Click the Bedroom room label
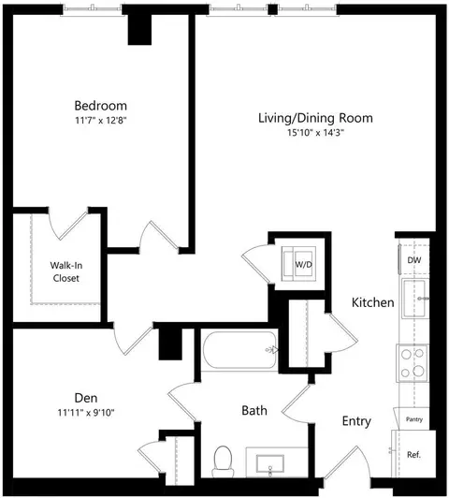click(101, 106)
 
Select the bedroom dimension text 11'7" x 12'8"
click(101, 121)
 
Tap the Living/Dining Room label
click(315, 118)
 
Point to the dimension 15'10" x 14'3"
click(316, 132)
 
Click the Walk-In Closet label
click(66, 271)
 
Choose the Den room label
click(86, 398)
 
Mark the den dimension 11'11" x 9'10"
click(86, 413)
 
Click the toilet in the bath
click(223, 461)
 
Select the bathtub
click(240, 350)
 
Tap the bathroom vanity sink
click(270, 464)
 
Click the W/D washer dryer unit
click(298, 264)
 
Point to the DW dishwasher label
click(414, 260)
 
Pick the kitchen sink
click(415, 299)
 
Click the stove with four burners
click(413, 362)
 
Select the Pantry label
click(414, 419)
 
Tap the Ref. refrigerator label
click(413, 455)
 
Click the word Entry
click(356, 421)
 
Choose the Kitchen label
click(373, 302)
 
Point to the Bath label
click(254, 410)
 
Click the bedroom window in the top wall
click(92, 8)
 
